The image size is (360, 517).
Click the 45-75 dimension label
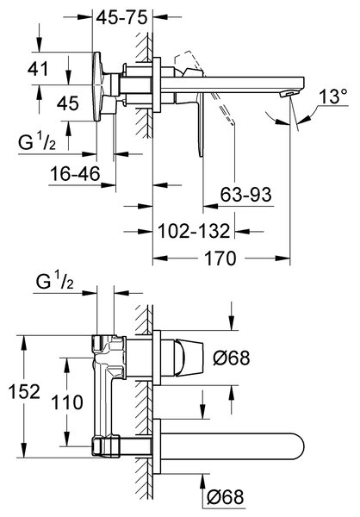point(121,17)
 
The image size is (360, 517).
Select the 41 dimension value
point(38,69)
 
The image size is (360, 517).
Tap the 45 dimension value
point(68,103)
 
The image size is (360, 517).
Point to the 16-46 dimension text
point(75,173)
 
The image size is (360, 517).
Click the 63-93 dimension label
point(246,194)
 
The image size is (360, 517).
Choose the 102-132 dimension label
point(194,231)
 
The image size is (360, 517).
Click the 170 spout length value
point(220,258)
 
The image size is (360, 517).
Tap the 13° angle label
point(333,97)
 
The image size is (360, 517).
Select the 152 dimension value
point(24,391)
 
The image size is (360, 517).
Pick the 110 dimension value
point(67,402)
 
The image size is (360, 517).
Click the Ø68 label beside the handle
point(232,358)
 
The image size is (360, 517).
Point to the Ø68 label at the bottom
point(226,496)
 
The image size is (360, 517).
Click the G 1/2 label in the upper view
point(37,142)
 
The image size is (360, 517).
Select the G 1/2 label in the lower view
point(55,283)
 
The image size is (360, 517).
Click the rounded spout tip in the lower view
point(298,445)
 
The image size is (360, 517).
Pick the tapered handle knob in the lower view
point(189,358)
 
